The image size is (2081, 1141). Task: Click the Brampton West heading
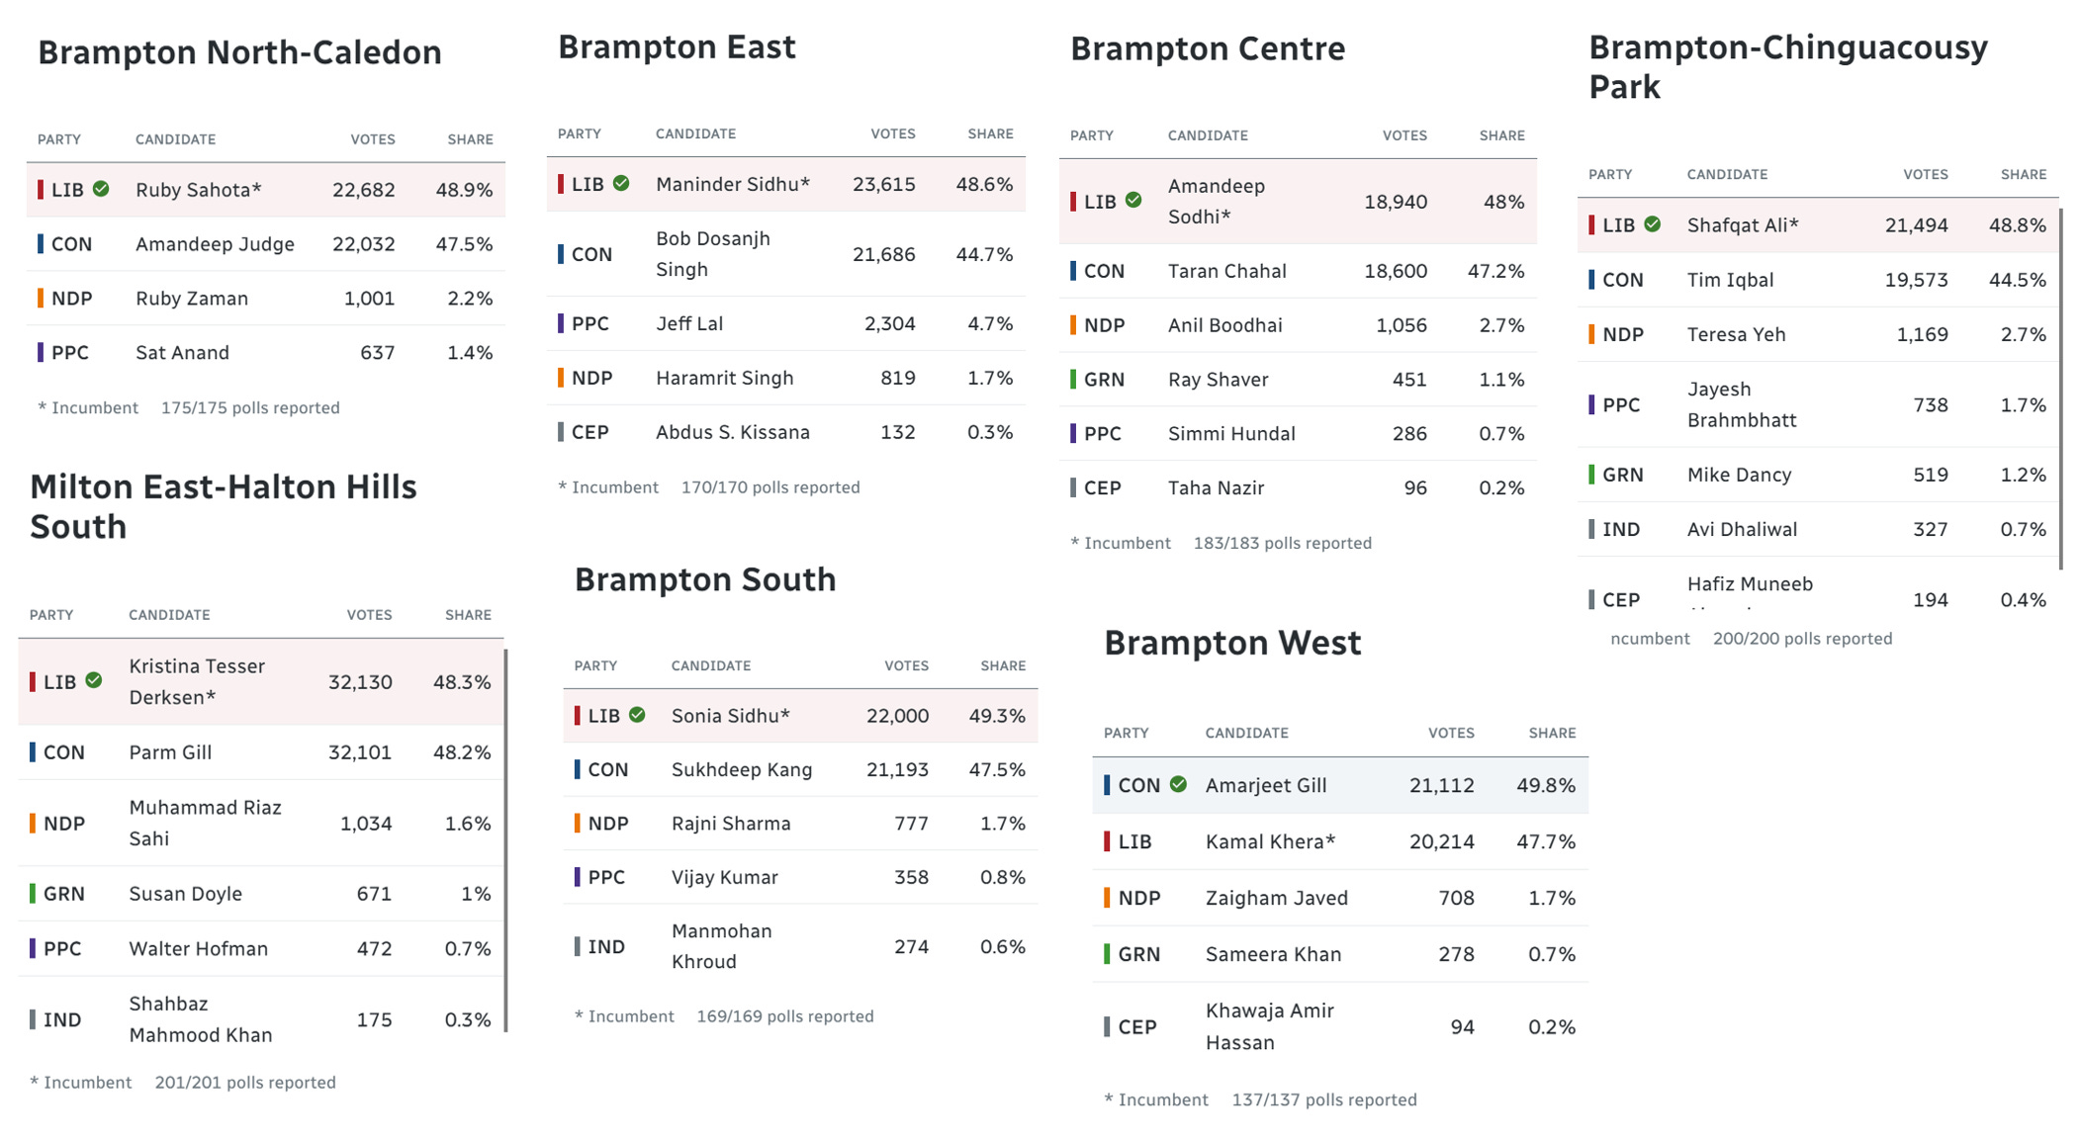(x=1232, y=644)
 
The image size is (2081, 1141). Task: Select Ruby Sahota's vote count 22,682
(x=363, y=190)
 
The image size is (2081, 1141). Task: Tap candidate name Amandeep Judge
(x=215, y=244)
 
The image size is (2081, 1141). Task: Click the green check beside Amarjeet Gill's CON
(x=1178, y=784)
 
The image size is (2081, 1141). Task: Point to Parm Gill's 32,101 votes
(x=359, y=752)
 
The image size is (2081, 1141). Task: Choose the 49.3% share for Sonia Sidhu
(x=996, y=716)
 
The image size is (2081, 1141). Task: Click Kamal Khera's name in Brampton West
(x=1270, y=841)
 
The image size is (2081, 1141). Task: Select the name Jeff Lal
(x=689, y=323)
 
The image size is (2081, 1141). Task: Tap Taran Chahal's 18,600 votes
(x=1395, y=271)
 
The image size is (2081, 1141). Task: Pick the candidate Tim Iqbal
(x=1730, y=280)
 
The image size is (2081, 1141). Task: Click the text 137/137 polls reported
(x=1323, y=1099)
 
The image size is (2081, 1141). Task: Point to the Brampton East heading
(x=677, y=47)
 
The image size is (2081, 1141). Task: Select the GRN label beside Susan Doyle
(x=63, y=894)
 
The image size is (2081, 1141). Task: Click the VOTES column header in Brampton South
(x=906, y=665)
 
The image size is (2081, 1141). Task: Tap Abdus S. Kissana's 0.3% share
(x=989, y=432)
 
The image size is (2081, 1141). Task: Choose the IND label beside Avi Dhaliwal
(x=1620, y=529)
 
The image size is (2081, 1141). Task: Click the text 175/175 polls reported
(x=250, y=407)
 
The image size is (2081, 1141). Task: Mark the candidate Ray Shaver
(x=1218, y=380)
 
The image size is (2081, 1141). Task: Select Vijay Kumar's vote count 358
(x=910, y=877)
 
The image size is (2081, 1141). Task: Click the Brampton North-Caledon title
(x=239, y=52)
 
